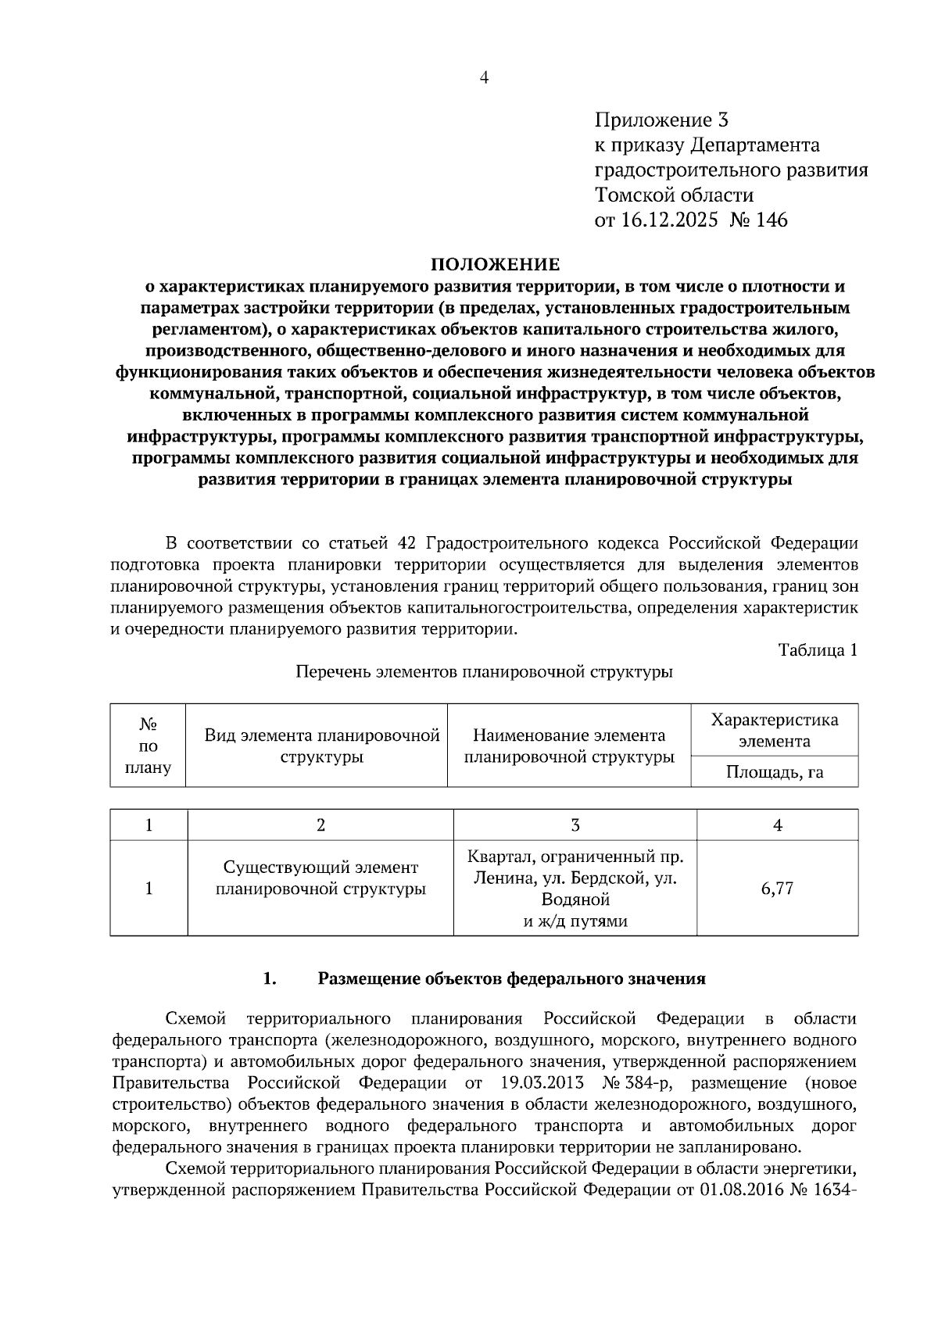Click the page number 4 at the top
[x=484, y=77]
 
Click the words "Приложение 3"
[x=661, y=120]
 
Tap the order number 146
[x=772, y=220]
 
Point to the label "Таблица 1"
[x=818, y=649]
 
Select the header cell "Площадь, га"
[x=775, y=773]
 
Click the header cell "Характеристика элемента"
[x=775, y=730]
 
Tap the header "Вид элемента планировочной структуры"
[x=322, y=746]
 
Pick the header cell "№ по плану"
[x=149, y=746]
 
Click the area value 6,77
[x=777, y=889]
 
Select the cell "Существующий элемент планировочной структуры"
[x=320, y=878]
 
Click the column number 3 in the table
[x=575, y=825]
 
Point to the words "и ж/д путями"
[x=575, y=921]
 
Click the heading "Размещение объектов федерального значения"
[x=511, y=978]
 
